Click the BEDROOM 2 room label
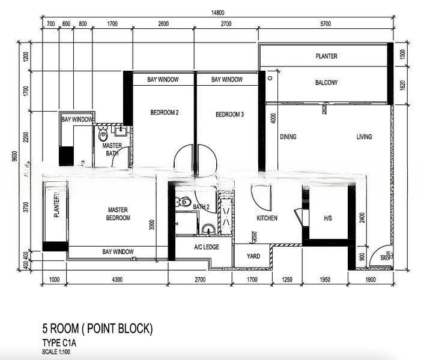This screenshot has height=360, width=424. coord(164,113)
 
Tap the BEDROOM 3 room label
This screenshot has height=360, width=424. coord(229,114)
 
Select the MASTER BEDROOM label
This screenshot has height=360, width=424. coord(118,214)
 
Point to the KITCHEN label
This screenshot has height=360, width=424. coord(267,218)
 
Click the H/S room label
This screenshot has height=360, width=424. coord(328,218)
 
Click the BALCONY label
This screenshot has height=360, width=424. coord(326,83)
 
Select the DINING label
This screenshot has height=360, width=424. coord(288,137)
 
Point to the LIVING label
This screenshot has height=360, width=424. coord(364,137)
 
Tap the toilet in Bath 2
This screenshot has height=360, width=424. coord(184,202)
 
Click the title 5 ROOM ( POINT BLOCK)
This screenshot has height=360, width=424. coord(97,329)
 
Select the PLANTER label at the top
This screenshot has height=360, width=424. coord(326,56)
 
